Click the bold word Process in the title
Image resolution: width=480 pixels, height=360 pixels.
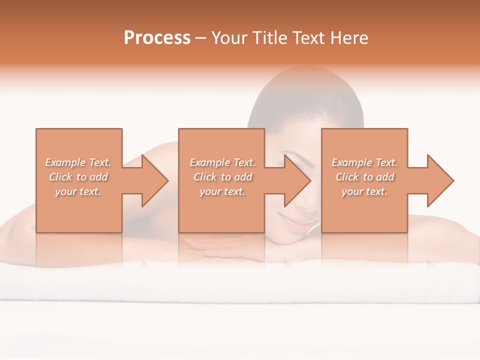[157, 38]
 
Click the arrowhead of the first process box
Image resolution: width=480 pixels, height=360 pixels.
[152, 180]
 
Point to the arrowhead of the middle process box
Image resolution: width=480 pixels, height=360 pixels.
[295, 180]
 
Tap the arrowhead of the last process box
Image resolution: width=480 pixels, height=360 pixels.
[438, 180]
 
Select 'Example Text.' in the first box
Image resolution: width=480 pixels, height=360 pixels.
[78, 162]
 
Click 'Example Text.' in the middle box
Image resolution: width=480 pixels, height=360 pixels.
[222, 162]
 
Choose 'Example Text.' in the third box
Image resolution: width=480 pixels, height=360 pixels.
[364, 162]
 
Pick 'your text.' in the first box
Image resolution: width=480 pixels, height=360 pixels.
[78, 191]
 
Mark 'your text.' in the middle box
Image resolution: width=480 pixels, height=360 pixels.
[222, 191]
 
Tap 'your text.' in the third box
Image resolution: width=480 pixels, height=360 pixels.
[364, 191]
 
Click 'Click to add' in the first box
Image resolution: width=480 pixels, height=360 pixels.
[78, 177]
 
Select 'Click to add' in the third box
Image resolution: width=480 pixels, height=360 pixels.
[364, 177]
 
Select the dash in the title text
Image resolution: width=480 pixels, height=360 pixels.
[201, 38]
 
